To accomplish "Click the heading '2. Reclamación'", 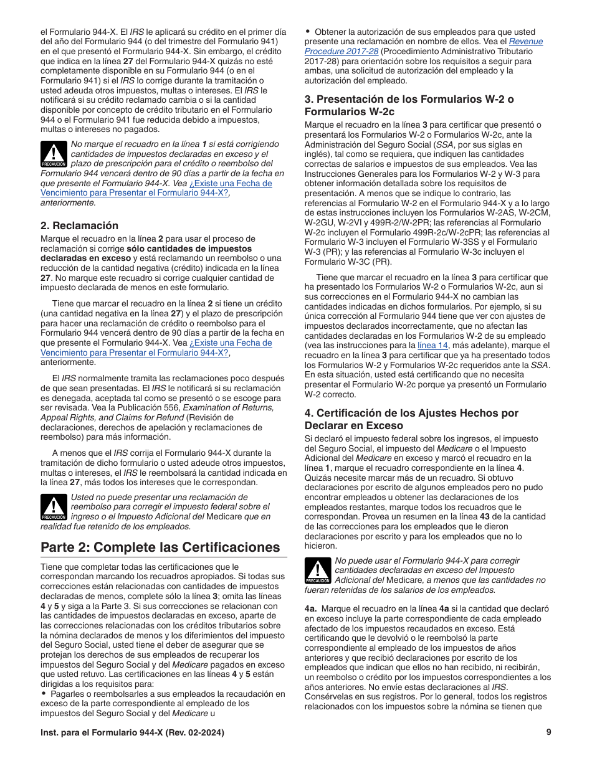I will coord(79,225).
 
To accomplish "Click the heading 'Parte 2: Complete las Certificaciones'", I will coord(160,547).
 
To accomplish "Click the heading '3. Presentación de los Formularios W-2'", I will coord(409,99).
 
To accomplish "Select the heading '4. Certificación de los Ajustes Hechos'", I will coord(411,413).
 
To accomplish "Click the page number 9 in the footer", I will coord(548,732).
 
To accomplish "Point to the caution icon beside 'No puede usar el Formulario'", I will coord(318,571).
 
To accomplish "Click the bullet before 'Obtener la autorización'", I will coord(308,32).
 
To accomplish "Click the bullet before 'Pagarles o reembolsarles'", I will coord(44,694).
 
